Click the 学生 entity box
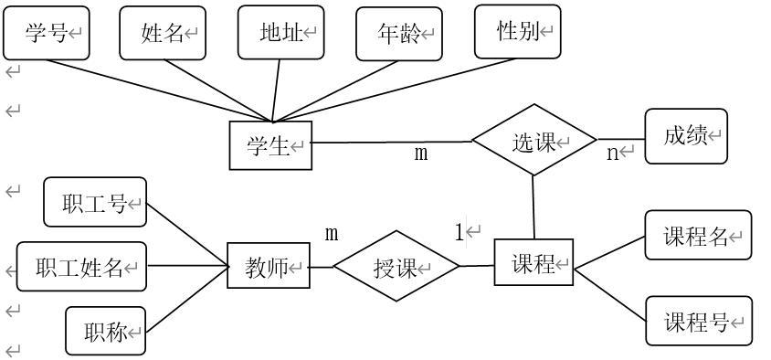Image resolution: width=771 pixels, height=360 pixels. click(x=269, y=145)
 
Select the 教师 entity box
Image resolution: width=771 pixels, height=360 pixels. click(x=268, y=267)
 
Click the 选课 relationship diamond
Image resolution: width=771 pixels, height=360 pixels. click(x=533, y=142)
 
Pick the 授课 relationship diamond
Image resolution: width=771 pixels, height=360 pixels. click(x=396, y=268)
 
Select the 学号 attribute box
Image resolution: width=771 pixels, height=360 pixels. click(x=47, y=33)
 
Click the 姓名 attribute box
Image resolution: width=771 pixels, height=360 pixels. click(x=163, y=33)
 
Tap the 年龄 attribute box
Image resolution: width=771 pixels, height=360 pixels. click(x=398, y=34)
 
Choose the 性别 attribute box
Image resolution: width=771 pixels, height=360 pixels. click(x=517, y=31)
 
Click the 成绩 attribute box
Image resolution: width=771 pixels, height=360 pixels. click(x=686, y=136)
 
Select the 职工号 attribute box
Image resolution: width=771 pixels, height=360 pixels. click(x=95, y=202)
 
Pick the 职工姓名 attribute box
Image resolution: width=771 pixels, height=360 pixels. click(x=81, y=267)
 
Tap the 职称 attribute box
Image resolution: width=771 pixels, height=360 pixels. click(x=106, y=331)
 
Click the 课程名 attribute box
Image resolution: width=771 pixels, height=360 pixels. click(x=698, y=236)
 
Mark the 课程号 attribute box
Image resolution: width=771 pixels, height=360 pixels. click(x=698, y=321)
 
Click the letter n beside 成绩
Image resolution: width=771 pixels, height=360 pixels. click(x=613, y=153)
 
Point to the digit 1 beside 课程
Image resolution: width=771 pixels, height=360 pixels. click(x=459, y=233)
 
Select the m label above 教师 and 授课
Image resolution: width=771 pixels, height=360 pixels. click(x=332, y=233)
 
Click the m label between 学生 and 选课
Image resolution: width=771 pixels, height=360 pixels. click(x=420, y=153)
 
